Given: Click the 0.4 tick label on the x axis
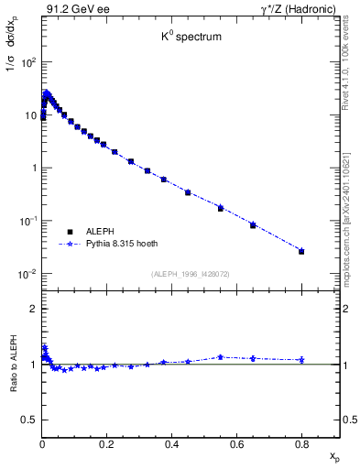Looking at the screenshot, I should tap(171, 444).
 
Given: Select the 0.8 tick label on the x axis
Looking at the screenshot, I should tap(301, 444).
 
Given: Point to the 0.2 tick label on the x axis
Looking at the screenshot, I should tap(106, 444).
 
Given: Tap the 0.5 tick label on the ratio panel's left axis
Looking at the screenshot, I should tap(27, 420).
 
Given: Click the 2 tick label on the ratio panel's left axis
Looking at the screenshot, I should tap(32, 309).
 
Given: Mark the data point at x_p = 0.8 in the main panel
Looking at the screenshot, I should tap(301, 251).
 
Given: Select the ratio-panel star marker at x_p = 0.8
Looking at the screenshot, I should tap(301, 360).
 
